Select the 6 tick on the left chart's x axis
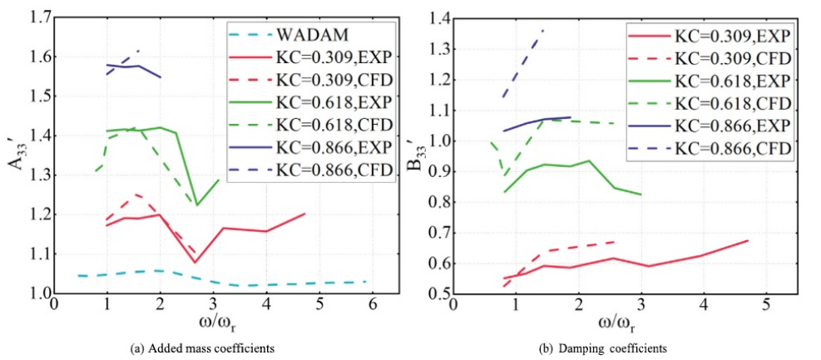pos(373,305)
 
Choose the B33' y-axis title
pos(413,155)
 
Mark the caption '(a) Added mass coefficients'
pos(213,348)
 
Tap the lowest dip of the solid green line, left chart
pos(197,205)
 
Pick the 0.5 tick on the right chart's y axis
pos(438,293)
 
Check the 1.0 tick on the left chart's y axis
pos(39,293)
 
